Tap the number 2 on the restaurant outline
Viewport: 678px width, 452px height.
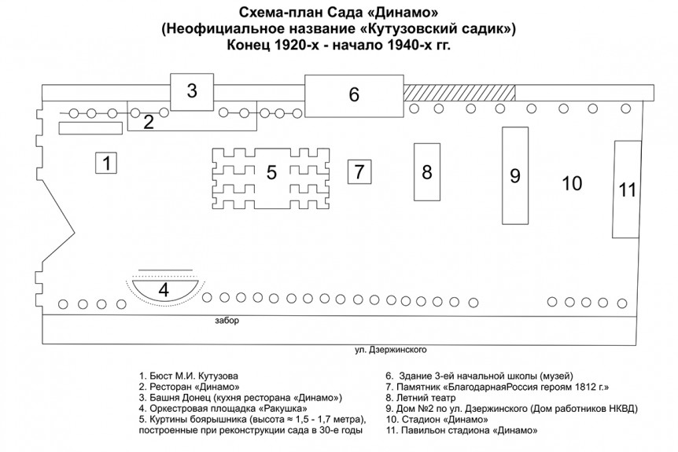(x=149, y=123)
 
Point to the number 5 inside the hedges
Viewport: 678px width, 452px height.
(x=271, y=172)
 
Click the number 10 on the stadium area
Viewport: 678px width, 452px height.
(x=572, y=183)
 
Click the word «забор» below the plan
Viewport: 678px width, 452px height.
(x=227, y=321)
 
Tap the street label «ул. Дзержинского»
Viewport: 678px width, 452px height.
(x=390, y=350)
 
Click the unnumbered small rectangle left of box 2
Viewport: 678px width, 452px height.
(x=90, y=128)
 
